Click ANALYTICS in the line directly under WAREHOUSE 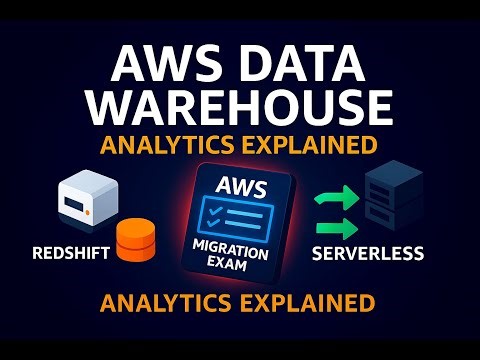click(x=164, y=144)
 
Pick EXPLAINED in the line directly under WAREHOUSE click(x=306, y=144)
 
